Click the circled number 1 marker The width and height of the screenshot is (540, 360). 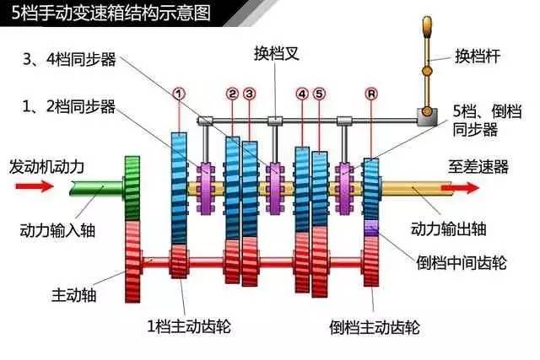tap(178, 91)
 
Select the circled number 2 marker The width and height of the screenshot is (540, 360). tap(233, 94)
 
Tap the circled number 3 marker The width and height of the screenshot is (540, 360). tap(249, 94)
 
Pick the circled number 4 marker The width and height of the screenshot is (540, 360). tap(302, 94)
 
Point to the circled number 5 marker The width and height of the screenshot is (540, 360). tap(318, 94)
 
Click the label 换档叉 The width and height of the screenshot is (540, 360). tap(277, 53)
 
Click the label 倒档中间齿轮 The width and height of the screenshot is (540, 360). tap(462, 262)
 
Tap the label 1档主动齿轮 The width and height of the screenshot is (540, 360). tap(190, 326)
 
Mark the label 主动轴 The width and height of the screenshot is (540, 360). tap(69, 295)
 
